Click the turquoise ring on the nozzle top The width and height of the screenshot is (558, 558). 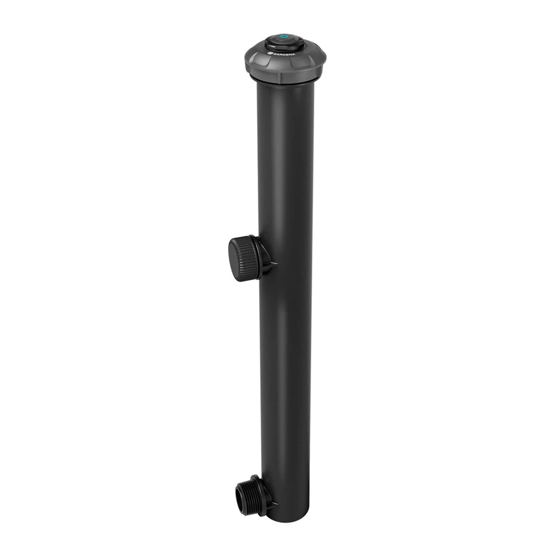[x=285, y=36]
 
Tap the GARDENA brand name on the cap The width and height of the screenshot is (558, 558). [x=284, y=55]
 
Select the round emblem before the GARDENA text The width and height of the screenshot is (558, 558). [x=270, y=53]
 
